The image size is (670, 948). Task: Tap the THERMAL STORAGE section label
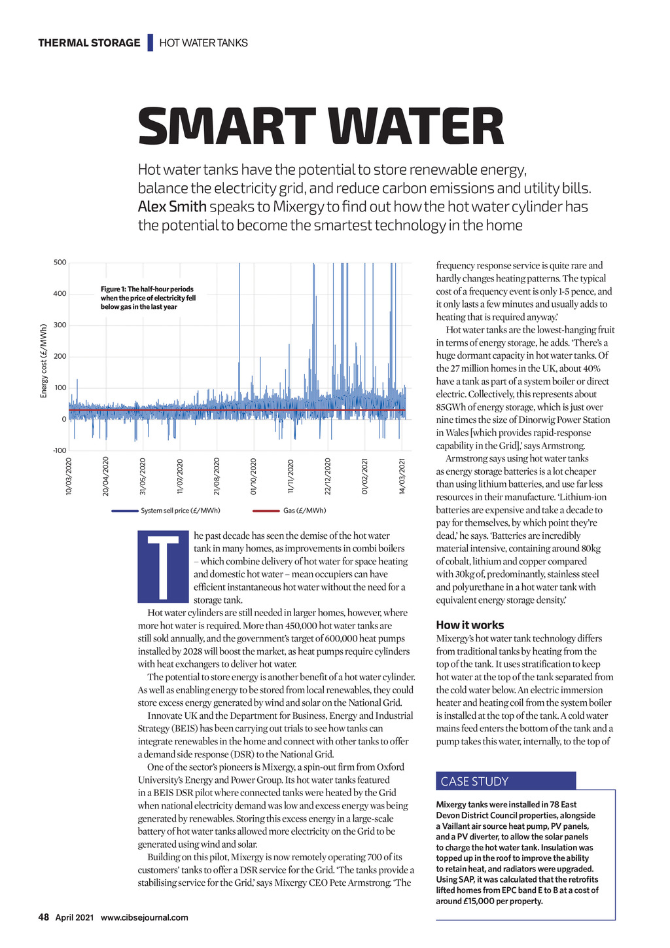pos(89,43)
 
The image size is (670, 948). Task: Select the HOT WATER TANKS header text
pos(203,43)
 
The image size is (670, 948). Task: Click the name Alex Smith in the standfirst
pos(172,207)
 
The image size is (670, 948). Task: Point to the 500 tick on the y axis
pos(60,263)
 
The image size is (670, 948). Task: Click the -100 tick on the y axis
pos(59,450)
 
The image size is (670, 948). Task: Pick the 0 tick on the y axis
pos(63,419)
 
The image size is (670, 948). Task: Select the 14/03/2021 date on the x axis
pos(402,477)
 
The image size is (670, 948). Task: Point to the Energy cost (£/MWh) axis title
pos(44,361)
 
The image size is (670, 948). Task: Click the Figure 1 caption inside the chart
pos(148,298)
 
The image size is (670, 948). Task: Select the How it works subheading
pos(470,625)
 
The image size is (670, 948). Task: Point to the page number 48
pos(43,917)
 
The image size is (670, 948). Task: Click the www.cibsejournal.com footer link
pos(144,917)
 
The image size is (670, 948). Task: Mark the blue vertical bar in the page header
pos(150,43)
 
